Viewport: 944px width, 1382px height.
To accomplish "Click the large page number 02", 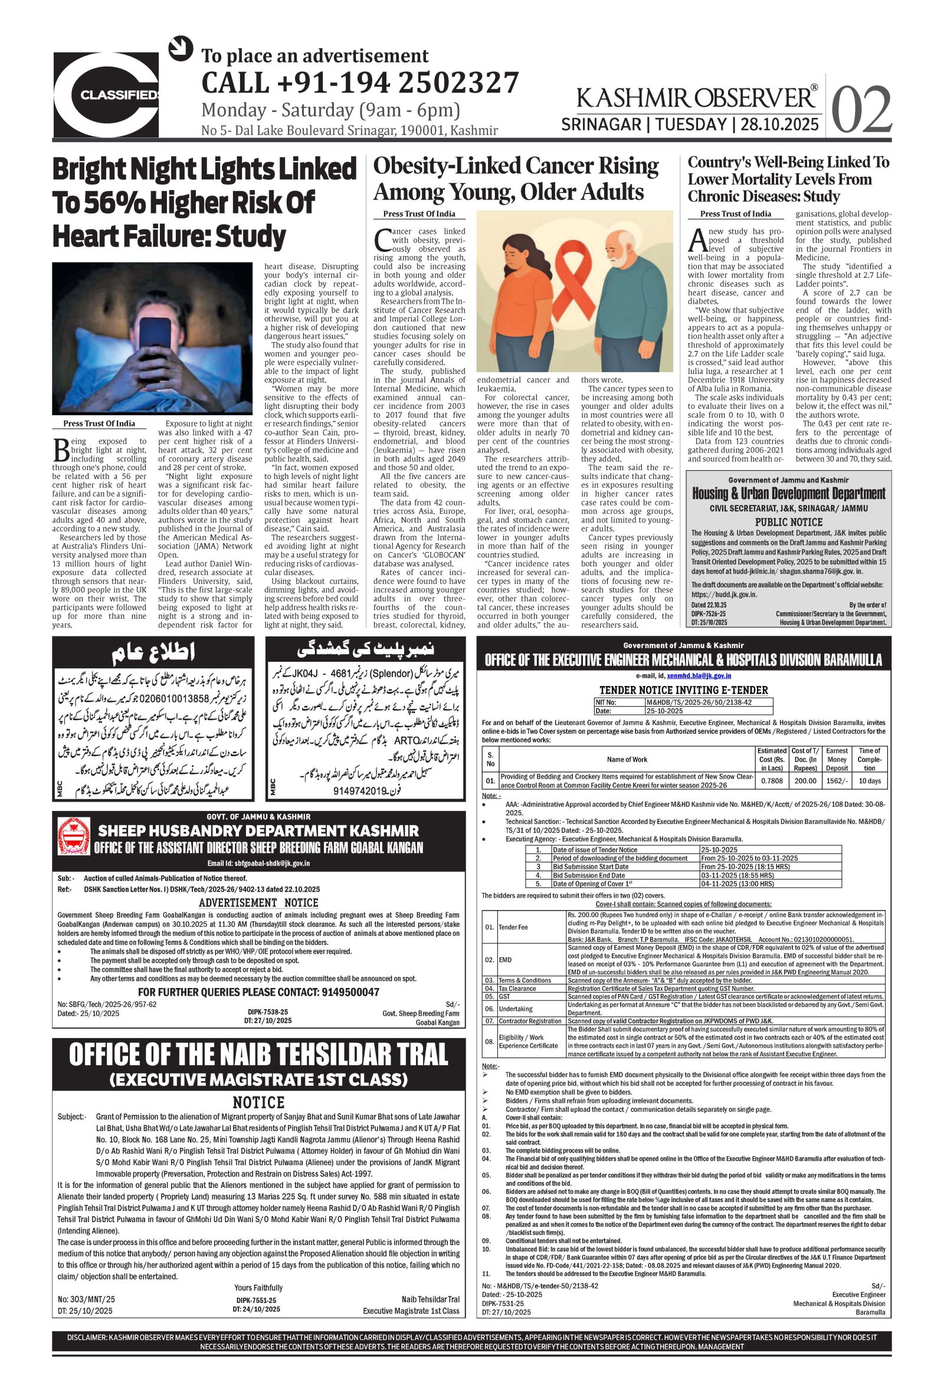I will pos(861,110).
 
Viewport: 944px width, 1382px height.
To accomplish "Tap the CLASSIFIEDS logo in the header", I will pos(107,94).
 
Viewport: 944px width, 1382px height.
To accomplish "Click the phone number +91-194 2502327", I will pos(360,83).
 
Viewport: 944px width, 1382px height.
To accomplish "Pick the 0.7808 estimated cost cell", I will pos(772,781).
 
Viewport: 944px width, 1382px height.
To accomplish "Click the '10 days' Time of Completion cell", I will pos(870,781).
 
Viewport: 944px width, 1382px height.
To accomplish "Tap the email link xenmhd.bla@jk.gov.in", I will pos(699,675).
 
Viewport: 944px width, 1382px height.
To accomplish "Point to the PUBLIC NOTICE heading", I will pos(788,522).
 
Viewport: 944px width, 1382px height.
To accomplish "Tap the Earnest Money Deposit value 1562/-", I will pos(837,781).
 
